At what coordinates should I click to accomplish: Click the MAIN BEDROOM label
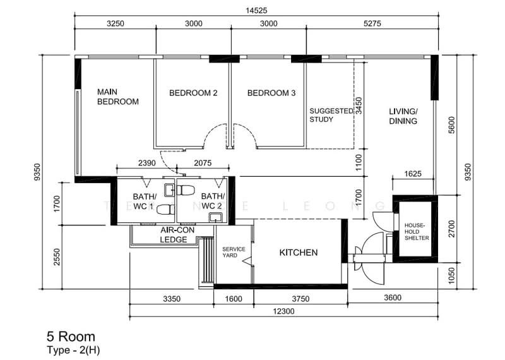117,97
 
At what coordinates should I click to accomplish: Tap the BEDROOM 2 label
193,93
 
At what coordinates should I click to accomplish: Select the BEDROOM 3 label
271,93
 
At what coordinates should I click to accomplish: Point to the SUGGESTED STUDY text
331,114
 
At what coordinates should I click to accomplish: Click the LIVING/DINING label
403,116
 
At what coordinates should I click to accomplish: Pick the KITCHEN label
299,253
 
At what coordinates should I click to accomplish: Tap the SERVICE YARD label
233,253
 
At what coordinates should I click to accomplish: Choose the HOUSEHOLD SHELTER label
417,231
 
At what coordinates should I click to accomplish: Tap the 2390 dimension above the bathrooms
146,163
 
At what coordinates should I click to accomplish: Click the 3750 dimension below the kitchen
299,299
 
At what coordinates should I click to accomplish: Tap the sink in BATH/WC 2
216,218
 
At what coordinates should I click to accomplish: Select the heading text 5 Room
71,337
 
